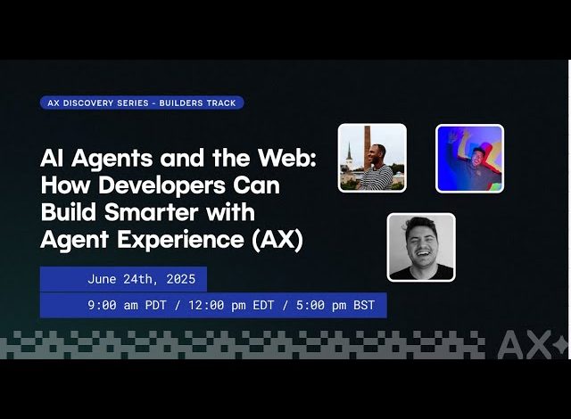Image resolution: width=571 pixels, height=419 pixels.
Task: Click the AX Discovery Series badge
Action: pyautogui.click(x=142, y=103)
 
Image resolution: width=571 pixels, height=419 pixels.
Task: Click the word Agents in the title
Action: pyautogui.click(x=112, y=159)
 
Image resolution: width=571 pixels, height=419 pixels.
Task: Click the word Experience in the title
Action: pyautogui.click(x=180, y=240)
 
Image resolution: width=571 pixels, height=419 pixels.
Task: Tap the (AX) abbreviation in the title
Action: pyautogui.click(x=277, y=240)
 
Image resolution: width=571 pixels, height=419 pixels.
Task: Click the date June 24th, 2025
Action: pyautogui.click(x=141, y=279)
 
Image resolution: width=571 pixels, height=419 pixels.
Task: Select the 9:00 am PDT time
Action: pyautogui.click(x=127, y=305)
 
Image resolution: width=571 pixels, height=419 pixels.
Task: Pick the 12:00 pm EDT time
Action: pyautogui.click(x=231, y=305)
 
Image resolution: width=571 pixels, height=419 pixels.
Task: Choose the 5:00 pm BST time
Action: pyautogui.click(x=335, y=305)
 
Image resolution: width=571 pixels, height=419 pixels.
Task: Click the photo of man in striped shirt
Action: pyautogui.click(x=372, y=158)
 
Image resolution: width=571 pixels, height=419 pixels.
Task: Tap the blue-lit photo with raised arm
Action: pyautogui.click(x=470, y=158)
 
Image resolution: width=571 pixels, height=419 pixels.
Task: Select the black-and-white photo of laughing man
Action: pyautogui.click(x=421, y=247)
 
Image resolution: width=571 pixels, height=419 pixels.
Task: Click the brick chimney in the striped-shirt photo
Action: pyautogui.click(x=367, y=147)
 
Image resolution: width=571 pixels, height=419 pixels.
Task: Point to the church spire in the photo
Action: pyautogui.click(x=349, y=152)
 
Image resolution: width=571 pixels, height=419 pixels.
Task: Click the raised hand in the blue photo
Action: pyautogui.click(x=454, y=136)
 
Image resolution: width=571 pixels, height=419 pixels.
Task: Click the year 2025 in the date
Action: pyautogui.click(x=181, y=279)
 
